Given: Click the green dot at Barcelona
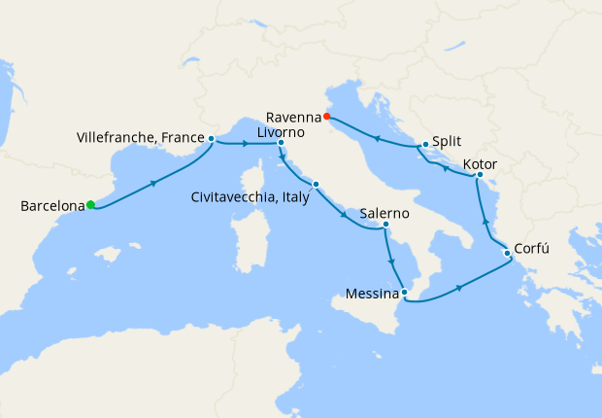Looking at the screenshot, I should (90, 204).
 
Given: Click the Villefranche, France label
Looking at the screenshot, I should (140, 139).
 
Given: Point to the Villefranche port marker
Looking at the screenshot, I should (211, 139).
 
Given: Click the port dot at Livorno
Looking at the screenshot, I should (281, 144).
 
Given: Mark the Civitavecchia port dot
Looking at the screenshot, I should (316, 184).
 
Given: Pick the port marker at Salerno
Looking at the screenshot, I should (385, 226).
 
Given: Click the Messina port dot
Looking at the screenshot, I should (404, 293).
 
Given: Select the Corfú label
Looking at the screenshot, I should (531, 248).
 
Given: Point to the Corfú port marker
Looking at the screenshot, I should (507, 255).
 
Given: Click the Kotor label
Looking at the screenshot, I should (481, 163).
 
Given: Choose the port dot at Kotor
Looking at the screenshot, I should (480, 175).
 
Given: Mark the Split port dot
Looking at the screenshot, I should (425, 145).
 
